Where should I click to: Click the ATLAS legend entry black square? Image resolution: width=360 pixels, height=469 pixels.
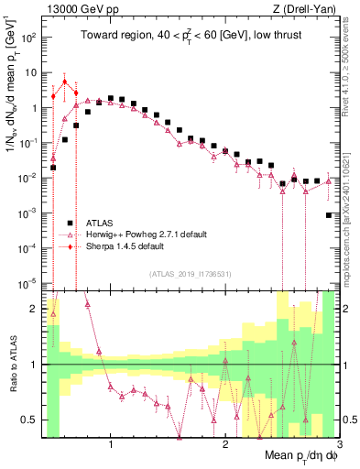[70, 223]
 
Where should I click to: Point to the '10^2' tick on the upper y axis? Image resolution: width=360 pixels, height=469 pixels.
[30, 38]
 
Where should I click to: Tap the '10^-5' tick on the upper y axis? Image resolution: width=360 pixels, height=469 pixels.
[29, 282]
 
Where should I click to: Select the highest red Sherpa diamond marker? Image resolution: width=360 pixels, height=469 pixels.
[64, 82]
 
